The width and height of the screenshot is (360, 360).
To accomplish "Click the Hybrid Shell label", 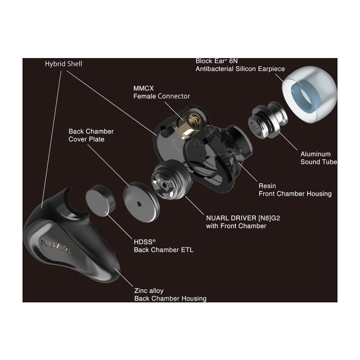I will click(63, 64).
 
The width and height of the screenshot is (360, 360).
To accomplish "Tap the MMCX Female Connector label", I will click(162, 92).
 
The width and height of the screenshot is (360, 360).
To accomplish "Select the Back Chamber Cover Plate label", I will click(91, 135).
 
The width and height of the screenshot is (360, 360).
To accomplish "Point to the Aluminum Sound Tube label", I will click(319, 158).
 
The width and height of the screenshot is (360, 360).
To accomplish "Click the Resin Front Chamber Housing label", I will click(295, 189).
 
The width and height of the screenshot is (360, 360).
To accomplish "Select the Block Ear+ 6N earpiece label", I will click(240, 65).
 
